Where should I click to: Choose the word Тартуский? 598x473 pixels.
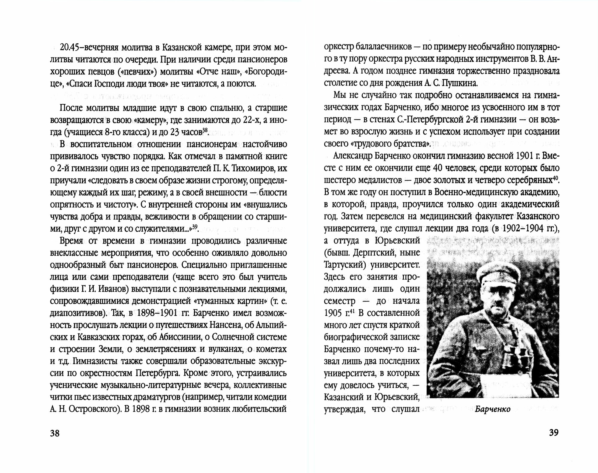tap(344, 265)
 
